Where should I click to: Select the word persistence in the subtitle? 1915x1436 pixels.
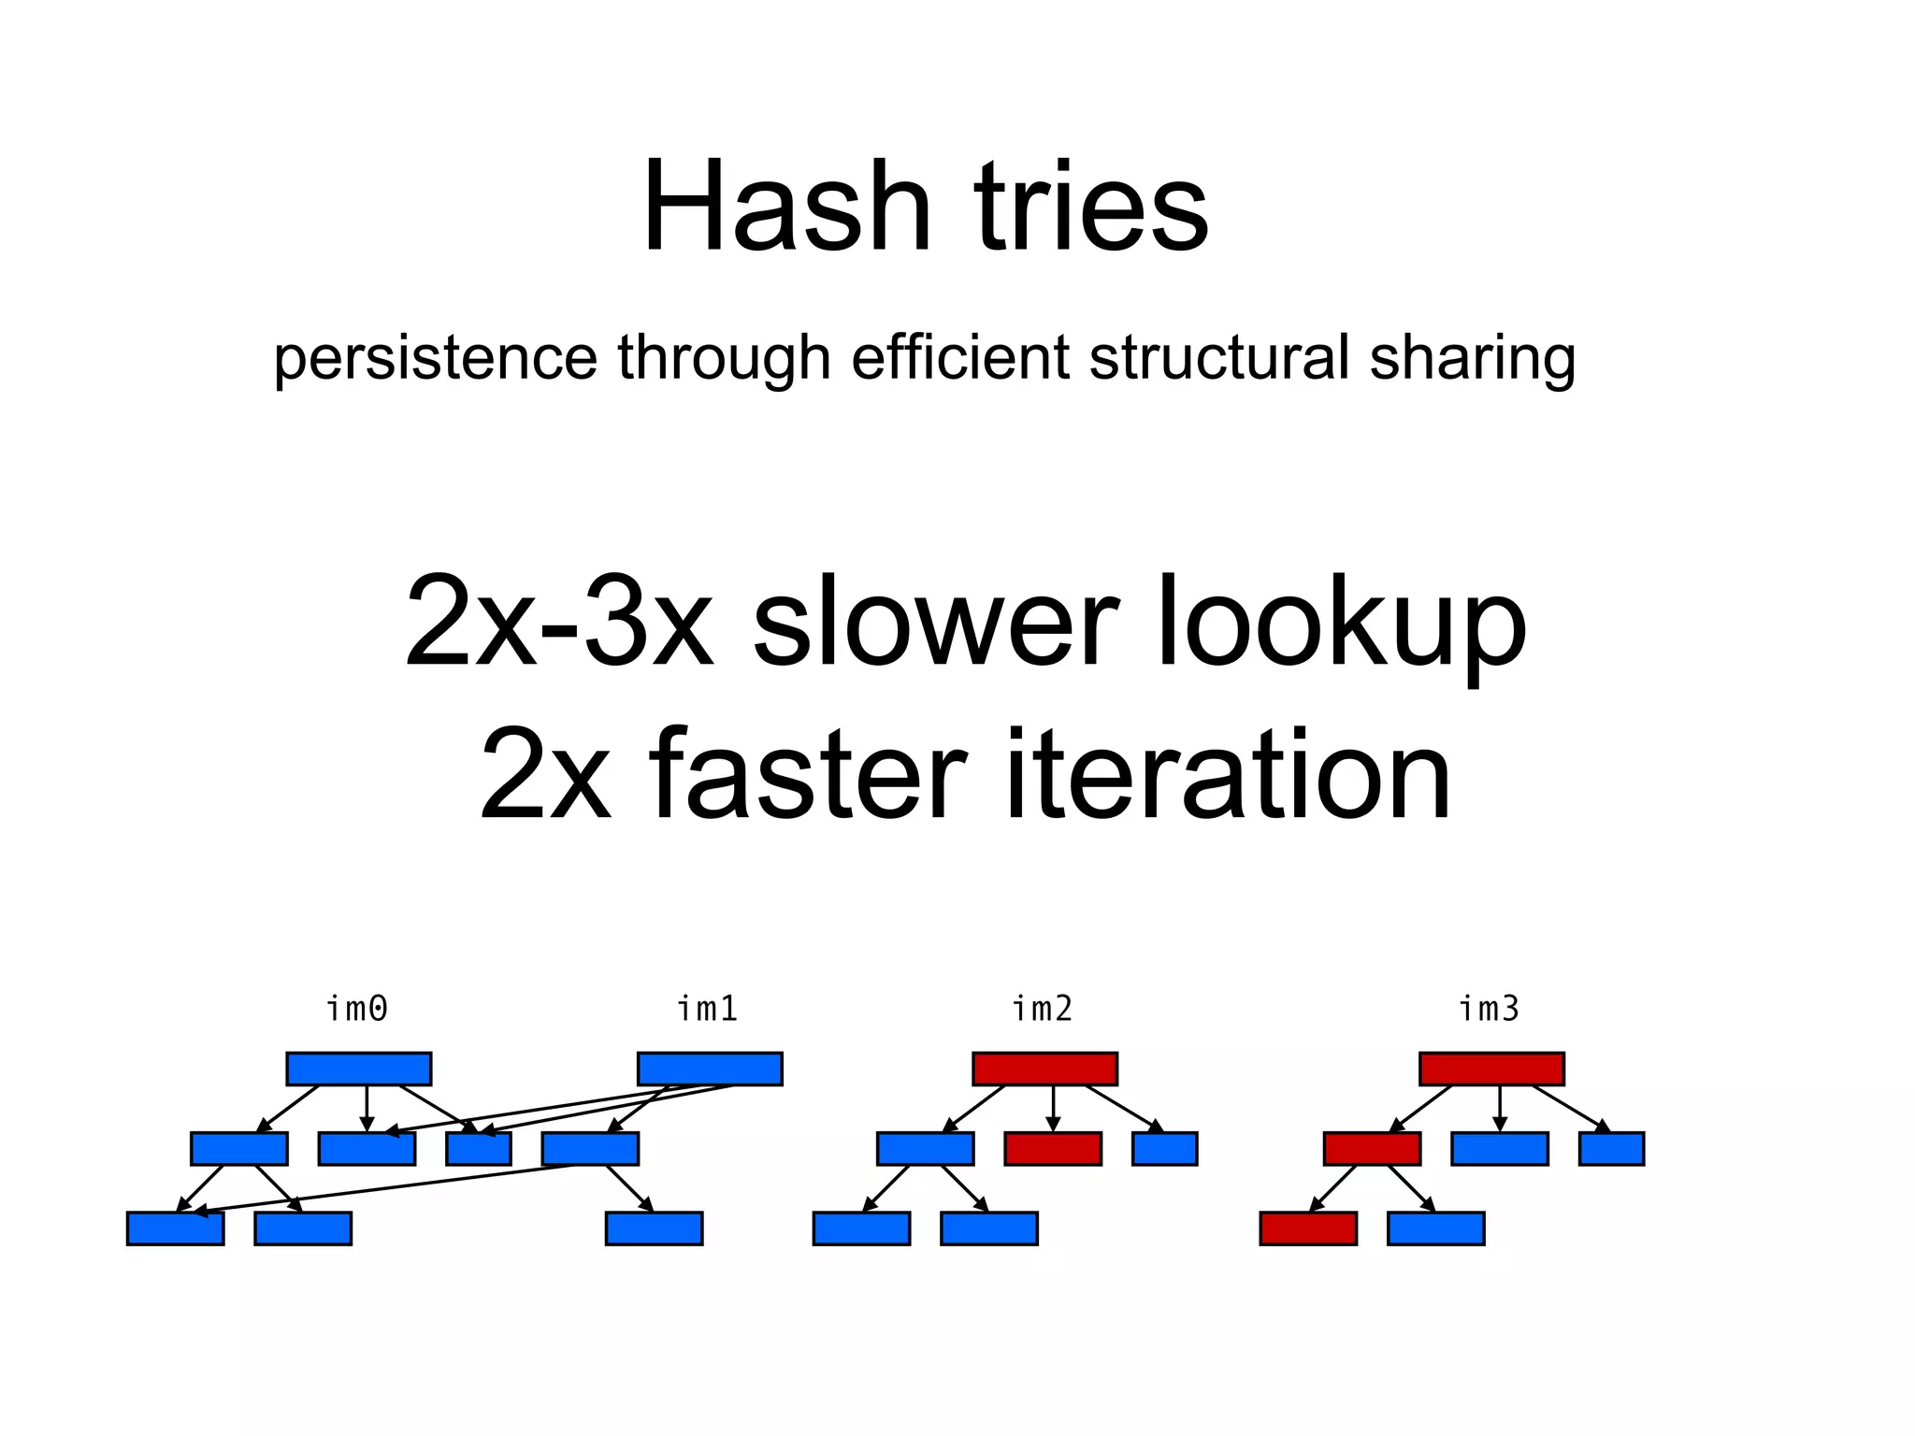tap(435, 358)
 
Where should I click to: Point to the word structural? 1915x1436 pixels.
tap(1218, 358)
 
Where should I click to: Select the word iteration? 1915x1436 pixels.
tap(1227, 774)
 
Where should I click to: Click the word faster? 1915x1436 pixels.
tap(806, 774)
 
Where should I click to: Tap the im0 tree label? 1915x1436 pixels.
tap(357, 1010)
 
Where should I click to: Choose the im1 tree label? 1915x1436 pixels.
tap(708, 1010)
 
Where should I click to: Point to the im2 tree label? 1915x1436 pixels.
tap(1043, 1010)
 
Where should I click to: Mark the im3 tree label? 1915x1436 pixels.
tap(1490, 1010)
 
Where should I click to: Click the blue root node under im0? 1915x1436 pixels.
tap(359, 1069)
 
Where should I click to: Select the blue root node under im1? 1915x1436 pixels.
tap(710, 1069)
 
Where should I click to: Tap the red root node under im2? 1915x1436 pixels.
tap(1044, 1069)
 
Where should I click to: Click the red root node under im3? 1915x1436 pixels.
tap(1491, 1069)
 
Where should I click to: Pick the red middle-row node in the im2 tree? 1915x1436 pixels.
tap(1053, 1148)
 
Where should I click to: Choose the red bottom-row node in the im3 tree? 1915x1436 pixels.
tap(1308, 1228)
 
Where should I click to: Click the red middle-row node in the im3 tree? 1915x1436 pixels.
tap(1372, 1148)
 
